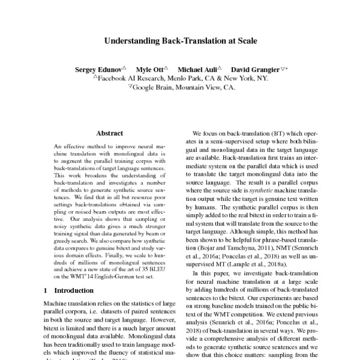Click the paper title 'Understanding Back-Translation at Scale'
pos(181,41)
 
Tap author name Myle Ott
pos(149,69)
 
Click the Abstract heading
pos(109,133)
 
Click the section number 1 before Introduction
pos(47,289)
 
